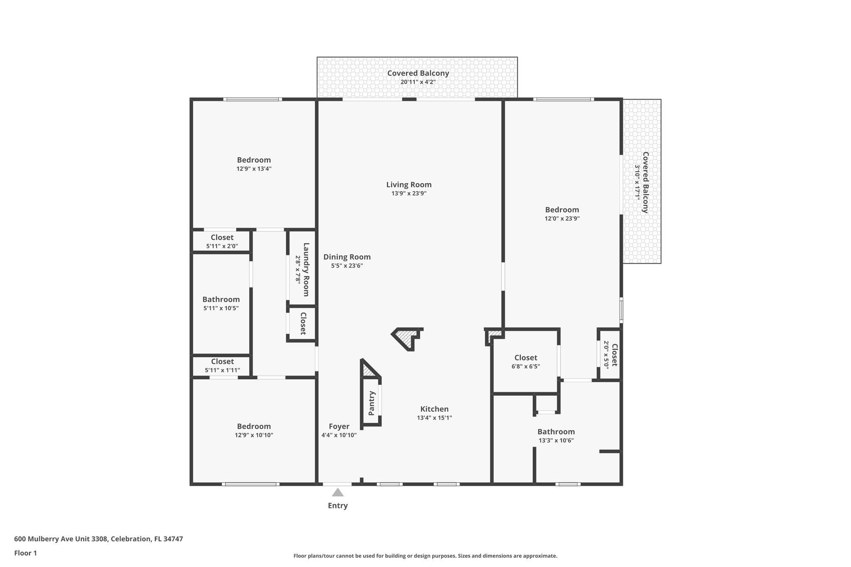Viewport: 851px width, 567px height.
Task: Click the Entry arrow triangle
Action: tap(337, 493)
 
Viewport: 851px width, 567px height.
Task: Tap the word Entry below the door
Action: tap(337, 506)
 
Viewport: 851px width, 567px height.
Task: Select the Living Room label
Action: tap(409, 185)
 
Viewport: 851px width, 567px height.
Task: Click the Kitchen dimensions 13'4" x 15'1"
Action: tap(434, 418)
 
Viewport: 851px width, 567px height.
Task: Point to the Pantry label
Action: tap(371, 403)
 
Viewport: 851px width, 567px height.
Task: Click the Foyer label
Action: tap(339, 426)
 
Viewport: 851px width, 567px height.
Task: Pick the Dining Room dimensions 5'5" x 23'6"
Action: tap(347, 266)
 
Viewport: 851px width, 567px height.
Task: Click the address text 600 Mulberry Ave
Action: tap(98, 539)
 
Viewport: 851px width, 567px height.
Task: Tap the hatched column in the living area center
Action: tap(406, 337)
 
